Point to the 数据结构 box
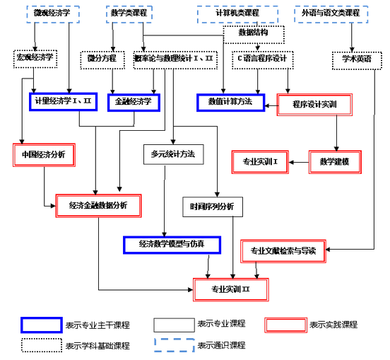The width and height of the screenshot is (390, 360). tap(252, 33)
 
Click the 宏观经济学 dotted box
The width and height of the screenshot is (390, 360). tap(35, 57)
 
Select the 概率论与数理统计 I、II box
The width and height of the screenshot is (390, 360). tap(174, 59)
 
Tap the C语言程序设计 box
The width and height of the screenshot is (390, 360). tap(262, 59)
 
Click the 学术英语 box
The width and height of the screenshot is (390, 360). tap(353, 59)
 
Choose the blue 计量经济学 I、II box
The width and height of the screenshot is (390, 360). tap(64, 102)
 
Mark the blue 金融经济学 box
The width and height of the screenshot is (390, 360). tap(134, 102)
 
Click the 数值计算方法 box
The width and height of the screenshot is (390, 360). tap(230, 103)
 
